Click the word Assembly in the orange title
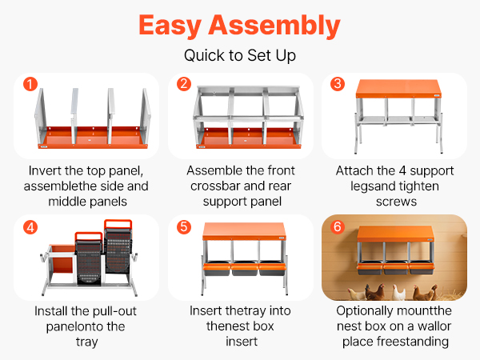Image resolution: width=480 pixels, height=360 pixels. (274, 26)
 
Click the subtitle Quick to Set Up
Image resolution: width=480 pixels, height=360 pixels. (240, 56)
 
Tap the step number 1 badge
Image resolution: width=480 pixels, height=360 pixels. (30, 84)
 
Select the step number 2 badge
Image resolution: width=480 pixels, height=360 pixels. (184, 84)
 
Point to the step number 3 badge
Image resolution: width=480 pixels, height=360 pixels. (338, 84)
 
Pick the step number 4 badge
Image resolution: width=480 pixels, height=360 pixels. (30, 227)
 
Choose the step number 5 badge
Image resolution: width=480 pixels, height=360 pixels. (184, 227)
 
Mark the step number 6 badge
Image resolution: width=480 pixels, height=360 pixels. (338, 227)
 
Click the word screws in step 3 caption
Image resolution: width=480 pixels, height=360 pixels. (396, 202)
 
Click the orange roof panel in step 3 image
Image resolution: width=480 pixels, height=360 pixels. (398, 89)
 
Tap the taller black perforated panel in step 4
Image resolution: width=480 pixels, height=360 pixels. (118, 246)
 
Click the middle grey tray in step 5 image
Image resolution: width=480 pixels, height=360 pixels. (244, 269)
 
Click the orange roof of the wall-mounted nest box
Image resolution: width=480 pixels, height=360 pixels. (395, 234)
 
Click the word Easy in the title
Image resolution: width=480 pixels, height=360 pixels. (170, 27)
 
